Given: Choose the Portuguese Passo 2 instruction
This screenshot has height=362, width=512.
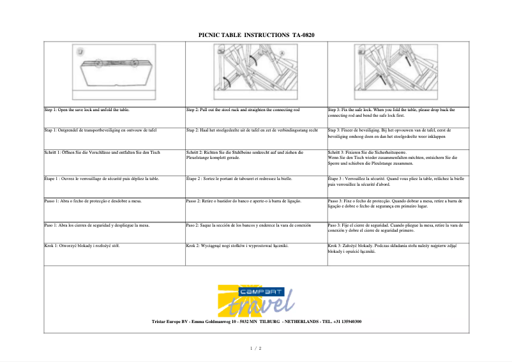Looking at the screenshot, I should click(x=243, y=201).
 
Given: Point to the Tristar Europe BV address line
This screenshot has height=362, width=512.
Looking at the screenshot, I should click(x=257, y=322).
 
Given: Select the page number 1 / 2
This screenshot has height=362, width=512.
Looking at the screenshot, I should click(x=255, y=348).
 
